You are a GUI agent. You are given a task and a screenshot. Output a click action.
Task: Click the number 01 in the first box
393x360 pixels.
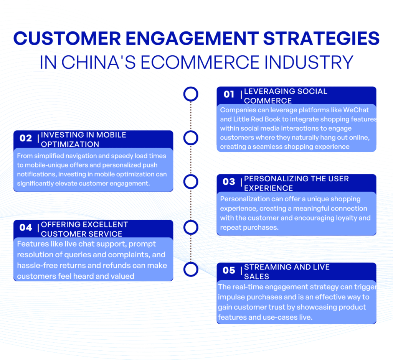click(x=229, y=94)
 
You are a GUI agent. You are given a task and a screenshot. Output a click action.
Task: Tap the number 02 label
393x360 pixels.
click(x=26, y=138)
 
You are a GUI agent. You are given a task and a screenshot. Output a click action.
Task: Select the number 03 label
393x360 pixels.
click(x=229, y=182)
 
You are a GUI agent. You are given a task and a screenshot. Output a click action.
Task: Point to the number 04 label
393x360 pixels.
click(x=26, y=227)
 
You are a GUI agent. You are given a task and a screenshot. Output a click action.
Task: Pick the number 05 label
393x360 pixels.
click(x=229, y=270)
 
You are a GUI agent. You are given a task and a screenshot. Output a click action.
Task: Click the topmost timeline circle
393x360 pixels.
click(x=191, y=94)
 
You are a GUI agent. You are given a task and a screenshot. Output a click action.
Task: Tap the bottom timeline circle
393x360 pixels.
click(x=191, y=269)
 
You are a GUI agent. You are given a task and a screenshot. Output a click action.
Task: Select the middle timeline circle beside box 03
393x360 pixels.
click(x=191, y=182)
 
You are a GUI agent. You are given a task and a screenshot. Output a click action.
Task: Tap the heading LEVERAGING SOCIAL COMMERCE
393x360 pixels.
click(x=286, y=96)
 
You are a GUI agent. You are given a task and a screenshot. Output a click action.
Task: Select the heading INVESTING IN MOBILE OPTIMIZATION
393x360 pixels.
click(x=83, y=140)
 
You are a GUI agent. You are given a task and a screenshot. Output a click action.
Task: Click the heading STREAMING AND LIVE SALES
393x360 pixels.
click(x=287, y=271)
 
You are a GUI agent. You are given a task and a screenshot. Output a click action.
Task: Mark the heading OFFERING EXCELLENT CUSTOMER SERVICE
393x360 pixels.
click(x=84, y=229)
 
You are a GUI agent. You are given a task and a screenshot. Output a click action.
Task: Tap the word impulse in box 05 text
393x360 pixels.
click(x=231, y=298)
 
